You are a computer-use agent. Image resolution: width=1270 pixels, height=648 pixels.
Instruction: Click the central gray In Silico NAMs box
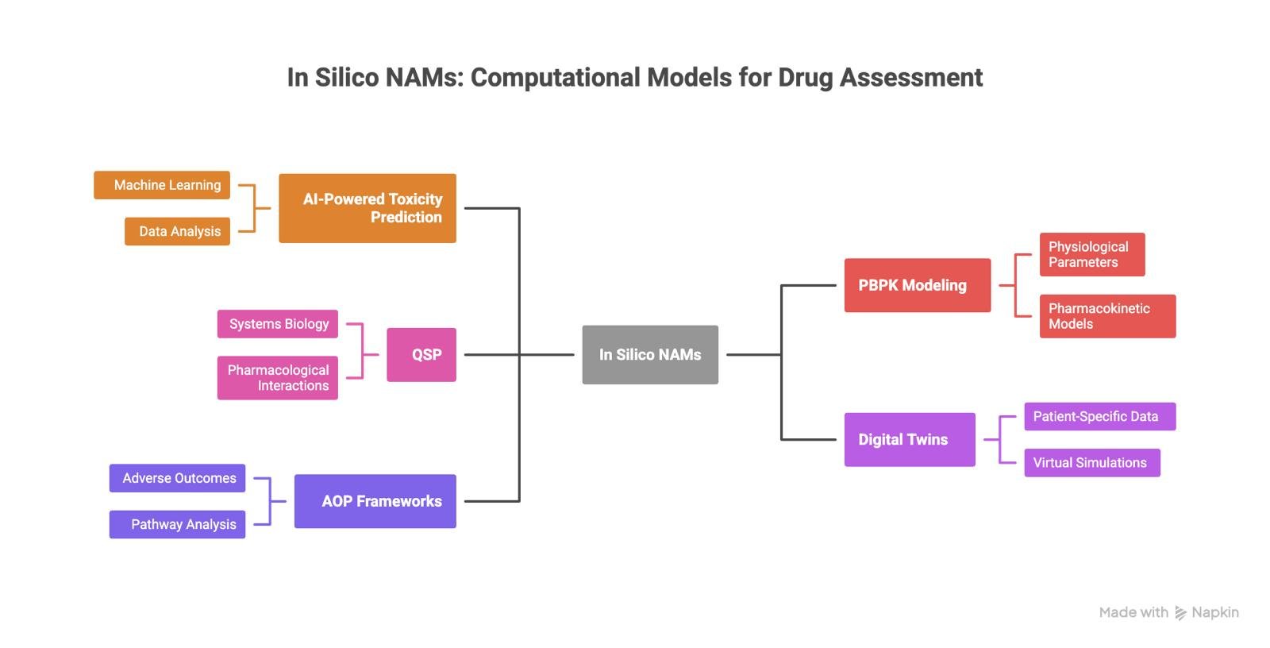[x=650, y=355]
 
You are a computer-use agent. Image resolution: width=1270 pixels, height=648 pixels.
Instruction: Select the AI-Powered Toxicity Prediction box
[x=368, y=208]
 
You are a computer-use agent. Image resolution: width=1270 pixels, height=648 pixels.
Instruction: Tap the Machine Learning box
[x=162, y=185]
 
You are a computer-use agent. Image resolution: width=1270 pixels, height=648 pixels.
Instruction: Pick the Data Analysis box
[x=177, y=231]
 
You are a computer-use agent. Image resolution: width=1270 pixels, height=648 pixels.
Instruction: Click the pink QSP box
[x=421, y=355]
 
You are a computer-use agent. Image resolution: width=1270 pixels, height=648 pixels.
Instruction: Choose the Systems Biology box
[x=278, y=324]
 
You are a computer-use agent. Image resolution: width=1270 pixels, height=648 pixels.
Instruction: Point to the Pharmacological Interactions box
[x=278, y=378]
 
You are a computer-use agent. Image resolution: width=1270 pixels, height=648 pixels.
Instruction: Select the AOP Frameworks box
[x=375, y=501]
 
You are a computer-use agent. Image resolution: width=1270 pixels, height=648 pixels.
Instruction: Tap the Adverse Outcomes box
[x=177, y=478]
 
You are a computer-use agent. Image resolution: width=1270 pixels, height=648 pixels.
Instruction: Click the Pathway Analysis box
[x=177, y=524]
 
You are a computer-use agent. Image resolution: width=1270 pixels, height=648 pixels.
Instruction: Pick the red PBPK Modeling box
[x=918, y=285]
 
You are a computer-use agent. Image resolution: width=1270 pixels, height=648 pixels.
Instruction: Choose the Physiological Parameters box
[x=1092, y=254]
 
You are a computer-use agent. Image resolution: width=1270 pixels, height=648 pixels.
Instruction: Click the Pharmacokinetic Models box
[x=1107, y=316]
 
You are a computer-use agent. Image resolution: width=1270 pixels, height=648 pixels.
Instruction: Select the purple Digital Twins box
[x=910, y=439]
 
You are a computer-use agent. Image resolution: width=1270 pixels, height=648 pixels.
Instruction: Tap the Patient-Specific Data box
[x=1099, y=416]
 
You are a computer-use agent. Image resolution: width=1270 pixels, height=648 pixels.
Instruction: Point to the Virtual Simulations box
[x=1092, y=462]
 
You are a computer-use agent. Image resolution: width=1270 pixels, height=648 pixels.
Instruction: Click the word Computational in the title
[x=556, y=78]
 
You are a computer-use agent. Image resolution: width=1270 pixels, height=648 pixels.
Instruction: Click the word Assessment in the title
[x=911, y=78]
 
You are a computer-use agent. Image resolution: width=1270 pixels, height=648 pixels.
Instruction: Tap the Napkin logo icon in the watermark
[x=1181, y=613]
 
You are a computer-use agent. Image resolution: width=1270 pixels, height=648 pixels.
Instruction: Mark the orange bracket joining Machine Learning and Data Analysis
[x=254, y=208]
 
